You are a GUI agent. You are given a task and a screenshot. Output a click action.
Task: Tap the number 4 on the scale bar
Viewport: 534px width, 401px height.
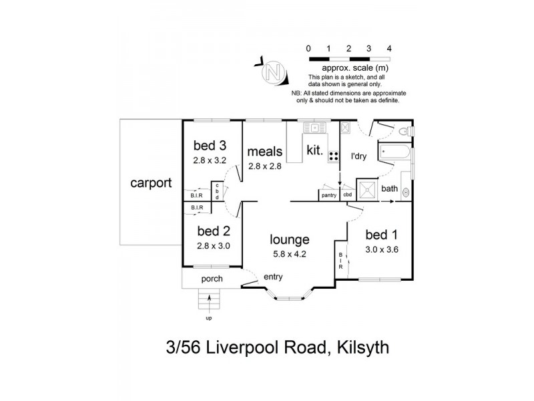click(x=389, y=48)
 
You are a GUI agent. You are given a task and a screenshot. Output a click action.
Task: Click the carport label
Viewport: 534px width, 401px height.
click(x=152, y=182)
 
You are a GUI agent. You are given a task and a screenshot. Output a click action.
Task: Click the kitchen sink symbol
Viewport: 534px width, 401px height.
click(x=312, y=127)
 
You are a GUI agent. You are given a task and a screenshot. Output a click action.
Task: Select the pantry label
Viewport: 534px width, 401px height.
click(x=328, y=195)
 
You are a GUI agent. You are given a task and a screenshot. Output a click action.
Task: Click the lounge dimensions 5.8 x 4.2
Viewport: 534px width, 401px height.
click(x=289, y=253)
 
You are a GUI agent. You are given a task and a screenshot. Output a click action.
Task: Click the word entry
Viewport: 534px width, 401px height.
click(x=273, y=277)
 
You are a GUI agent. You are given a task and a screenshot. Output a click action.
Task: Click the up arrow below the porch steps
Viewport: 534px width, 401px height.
click(x=209, y=307)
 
